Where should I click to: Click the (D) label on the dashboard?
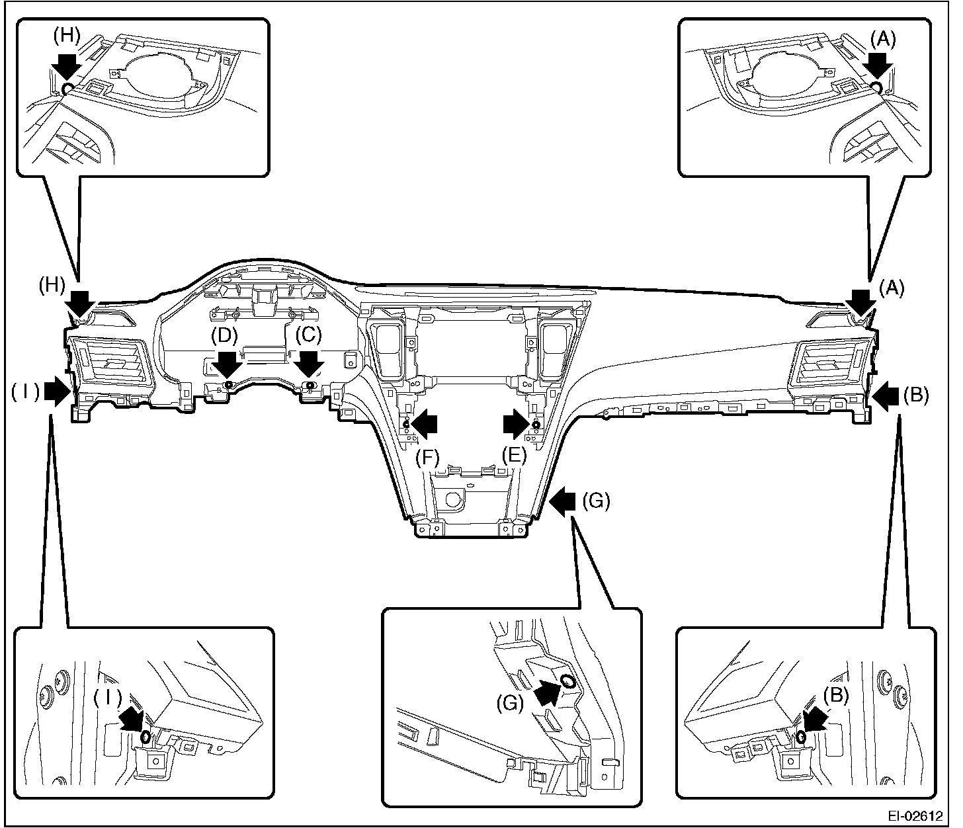point(224,335)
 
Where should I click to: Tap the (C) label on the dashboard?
point(308,335)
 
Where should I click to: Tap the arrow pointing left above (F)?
point(425,423)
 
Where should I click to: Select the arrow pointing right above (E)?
point(515,423)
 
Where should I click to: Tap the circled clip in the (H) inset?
point(66,89)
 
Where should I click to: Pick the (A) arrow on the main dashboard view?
point(862,303)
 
